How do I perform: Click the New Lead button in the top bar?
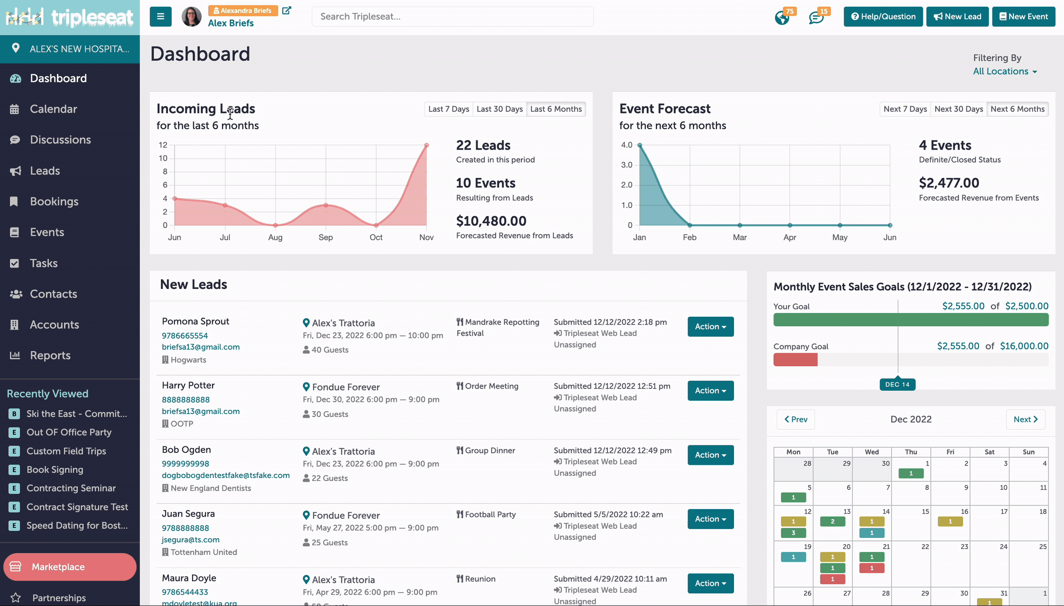[x=957, y=17]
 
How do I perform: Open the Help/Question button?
[x=883, y=17]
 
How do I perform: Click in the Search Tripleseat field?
[x=452, y=17]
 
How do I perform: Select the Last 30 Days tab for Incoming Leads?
[x=499, y=109]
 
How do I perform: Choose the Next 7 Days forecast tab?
[x=905, y=109]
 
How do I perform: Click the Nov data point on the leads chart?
[x=426, y=145]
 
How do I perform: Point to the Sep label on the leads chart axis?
[x=325, y=237]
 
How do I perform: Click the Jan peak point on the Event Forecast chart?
[x=640, y=145]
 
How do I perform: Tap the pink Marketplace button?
[x=70, y=567]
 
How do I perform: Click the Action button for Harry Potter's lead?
[x=710, y=391]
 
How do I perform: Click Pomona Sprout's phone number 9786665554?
[x=185, y=335]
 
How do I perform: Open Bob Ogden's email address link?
[x=226, y=475]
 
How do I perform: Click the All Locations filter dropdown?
[x=1005, y=71]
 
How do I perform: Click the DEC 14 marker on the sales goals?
[x=897, y=384]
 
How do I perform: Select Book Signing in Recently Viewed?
[x=55, y=470]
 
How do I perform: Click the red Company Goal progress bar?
[x=795, y=360]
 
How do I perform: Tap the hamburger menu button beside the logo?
[x=160, y=17]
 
